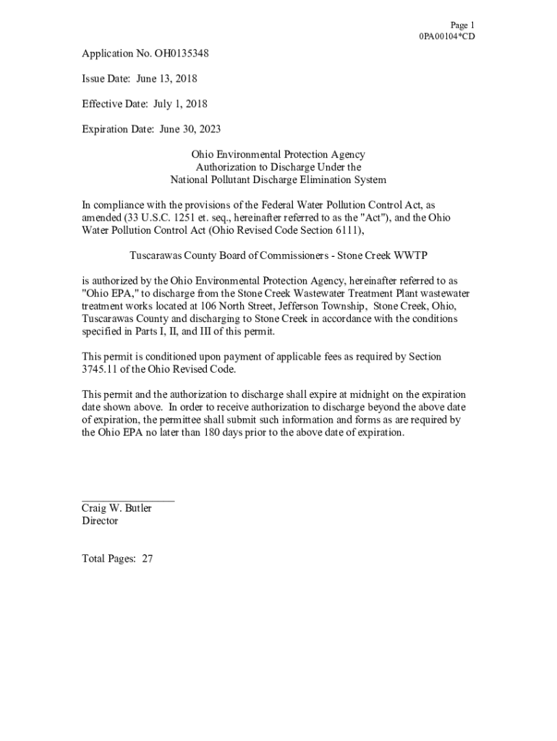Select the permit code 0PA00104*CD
point(447,36)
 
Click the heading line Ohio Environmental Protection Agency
point(278,154)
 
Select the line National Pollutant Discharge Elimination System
point(278,179)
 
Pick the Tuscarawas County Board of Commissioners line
point(278,255)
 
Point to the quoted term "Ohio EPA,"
point(109,293)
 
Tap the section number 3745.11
point(102,369)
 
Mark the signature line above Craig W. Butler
point(127,499)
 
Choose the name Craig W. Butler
point(116,508)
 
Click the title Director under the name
point(100,521)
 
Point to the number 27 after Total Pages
point(147,559)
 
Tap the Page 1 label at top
point(462,25)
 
